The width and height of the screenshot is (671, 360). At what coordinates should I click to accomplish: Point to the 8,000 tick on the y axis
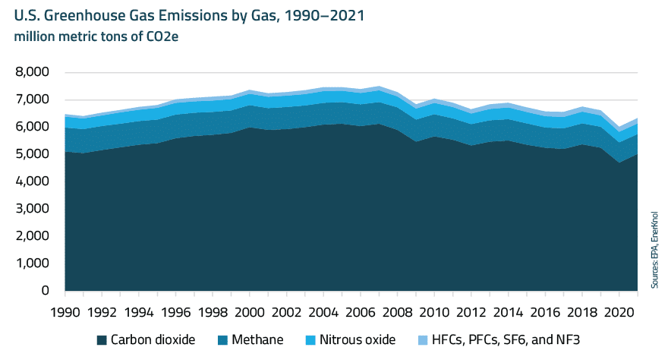pyautogui.click(x=33, y=72)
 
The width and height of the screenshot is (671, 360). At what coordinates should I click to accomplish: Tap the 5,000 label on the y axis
pyautogui.click(x=33, y=154)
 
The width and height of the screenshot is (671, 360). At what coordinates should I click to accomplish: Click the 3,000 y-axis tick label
pyautogui.click(x=33, y=209)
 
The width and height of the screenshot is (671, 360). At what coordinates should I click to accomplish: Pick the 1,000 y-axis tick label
pyautogui.click(x=33, y=264)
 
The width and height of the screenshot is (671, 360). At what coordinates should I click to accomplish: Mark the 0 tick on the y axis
pyautogui.click(x=46, y=291)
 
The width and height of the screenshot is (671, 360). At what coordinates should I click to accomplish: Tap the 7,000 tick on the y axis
pyautogui.click(x=33, y=99)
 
